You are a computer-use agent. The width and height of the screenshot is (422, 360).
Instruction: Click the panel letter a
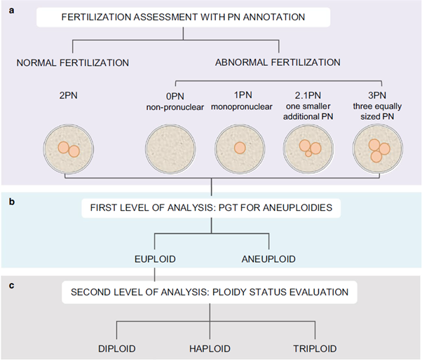tap(11, 11)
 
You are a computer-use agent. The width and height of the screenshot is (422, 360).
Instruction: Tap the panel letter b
tap(12, 202)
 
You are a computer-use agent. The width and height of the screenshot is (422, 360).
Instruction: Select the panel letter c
tap(11, 285)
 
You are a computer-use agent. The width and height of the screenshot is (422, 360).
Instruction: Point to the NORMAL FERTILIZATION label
tap(73, 63)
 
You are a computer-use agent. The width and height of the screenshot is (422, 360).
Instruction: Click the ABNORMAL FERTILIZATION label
tap(278, 62)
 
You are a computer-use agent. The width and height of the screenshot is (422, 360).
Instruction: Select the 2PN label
tap(69, 95)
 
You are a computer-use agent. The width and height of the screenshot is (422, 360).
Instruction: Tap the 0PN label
tap(175, 96)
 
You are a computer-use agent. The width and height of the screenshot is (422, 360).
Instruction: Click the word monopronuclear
tap(242, 106)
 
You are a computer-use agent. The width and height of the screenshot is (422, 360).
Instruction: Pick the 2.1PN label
tap(308, 95)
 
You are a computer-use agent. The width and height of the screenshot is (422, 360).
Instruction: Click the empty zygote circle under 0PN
tap(170, 148)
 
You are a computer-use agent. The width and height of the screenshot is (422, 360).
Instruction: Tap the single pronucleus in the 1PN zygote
tap(240, 148)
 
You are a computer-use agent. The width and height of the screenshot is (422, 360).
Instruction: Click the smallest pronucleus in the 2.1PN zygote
tap(308, 154)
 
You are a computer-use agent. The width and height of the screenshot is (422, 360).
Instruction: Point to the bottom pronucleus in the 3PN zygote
tap(376, 156)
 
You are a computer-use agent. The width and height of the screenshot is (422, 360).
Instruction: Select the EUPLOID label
tap(155, 259)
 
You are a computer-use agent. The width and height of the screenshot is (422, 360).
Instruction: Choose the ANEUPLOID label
tap(268, 259)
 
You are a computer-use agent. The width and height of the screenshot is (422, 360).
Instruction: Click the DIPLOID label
tap(117, 349)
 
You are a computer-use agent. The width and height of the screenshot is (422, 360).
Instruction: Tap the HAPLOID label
tap(210, 349)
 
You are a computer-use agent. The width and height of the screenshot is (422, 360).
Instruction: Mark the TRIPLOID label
tap(315, 349)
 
